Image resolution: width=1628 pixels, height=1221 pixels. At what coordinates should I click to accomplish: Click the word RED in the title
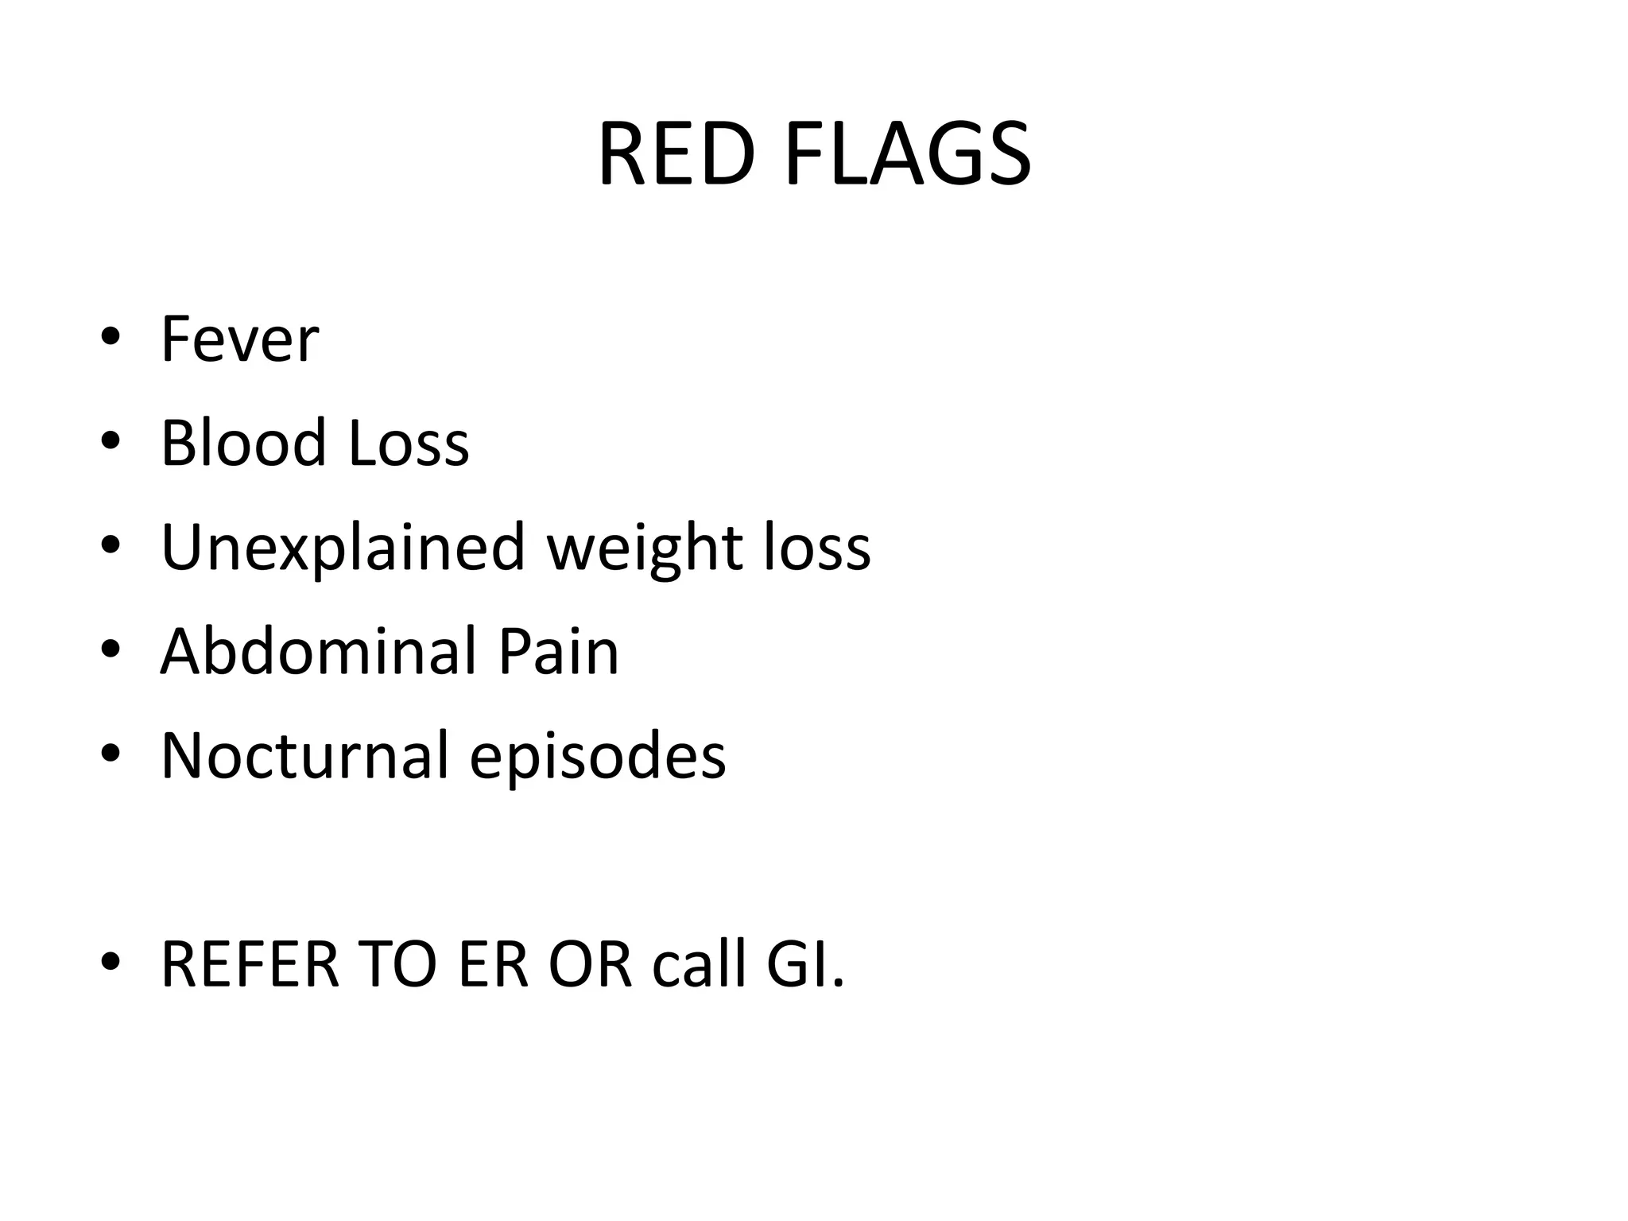coord(676,154)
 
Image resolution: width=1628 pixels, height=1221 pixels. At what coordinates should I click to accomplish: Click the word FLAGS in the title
coord(908,154)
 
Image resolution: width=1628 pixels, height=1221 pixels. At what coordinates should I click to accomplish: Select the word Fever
coord(239,339)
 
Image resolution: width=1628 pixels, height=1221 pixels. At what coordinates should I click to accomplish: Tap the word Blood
coord(243,443)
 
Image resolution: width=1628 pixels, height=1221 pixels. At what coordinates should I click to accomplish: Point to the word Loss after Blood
coord(409,443)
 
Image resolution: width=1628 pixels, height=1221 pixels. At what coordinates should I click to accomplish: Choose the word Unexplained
coord(343,548)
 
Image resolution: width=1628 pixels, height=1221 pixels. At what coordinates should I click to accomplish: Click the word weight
coord(645,548)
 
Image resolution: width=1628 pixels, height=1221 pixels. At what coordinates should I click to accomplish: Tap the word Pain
coord(558,651)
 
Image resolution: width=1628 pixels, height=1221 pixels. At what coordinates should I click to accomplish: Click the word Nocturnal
coord(305,755)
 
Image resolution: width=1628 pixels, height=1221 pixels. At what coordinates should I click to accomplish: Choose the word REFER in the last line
coord(250,964)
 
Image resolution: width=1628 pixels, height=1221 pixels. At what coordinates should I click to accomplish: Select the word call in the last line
coord(699,964)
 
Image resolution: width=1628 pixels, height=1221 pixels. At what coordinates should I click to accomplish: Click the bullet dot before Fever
coord(110,337)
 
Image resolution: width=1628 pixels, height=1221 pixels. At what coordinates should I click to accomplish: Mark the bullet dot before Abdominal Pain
coord(110,649)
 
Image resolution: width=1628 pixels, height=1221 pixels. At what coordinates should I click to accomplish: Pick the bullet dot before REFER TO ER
coord(110,962)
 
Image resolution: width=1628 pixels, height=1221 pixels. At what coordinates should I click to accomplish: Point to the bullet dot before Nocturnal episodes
coord(110,754)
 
